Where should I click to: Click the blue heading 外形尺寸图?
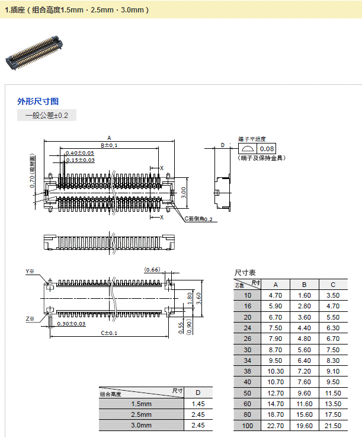click(38, 101)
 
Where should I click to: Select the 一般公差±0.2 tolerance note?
click(47, 116)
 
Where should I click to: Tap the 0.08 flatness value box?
click(267, 149)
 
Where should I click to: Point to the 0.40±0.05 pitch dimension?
click(80, 153)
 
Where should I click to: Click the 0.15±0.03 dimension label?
click(80, 160)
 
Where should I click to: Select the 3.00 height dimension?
click(184, 192)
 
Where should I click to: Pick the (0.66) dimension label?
click(152, 270)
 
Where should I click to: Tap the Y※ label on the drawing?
click(30, 272)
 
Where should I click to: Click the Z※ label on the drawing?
click(30, 319)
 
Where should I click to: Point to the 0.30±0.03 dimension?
click(71, 324)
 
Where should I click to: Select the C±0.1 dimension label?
click(109, 333)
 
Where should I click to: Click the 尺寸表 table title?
click(245, 273)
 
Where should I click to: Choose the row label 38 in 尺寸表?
click(247, 371)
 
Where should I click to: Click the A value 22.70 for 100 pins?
click(275, 426)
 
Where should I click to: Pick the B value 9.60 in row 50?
click(305, 393)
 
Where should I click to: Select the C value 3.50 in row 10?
click(333, 295)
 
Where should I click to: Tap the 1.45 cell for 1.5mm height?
click(198, 404)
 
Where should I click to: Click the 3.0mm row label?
click(142, 425)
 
